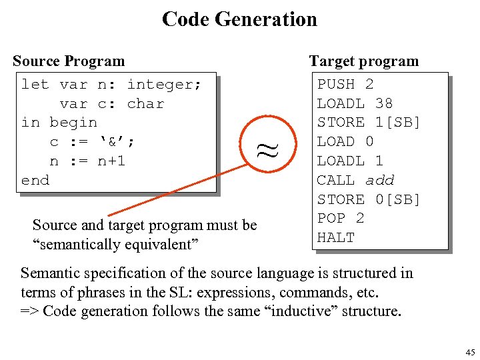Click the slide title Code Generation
click(x=239, y=19)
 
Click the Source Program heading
click(x=69, y=61)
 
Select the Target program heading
click(x=363, y=61)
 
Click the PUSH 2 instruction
click(x=345, y=84)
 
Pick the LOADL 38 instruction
click(x=355, y=103)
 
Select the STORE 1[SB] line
click(x=369, y=122)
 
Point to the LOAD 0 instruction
click(x=345, y=141)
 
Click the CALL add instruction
click(x=355, y=180)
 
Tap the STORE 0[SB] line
click(x=369, y=199)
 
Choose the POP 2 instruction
click(x=340, y=218)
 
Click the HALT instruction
click(x=336, y=237)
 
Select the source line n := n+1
click(x=87, y=161)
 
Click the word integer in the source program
click(x=163, y=84)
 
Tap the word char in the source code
click(x=145, y=103)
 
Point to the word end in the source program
click(x=35, y=180)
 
